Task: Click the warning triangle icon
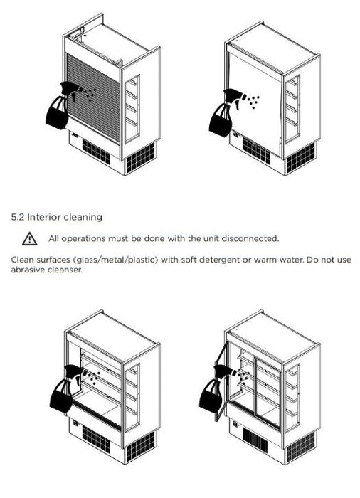coord(30,239)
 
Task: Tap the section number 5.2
coord(18,217)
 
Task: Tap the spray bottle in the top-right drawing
coord(226,112)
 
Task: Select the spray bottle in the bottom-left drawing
coord(66,389)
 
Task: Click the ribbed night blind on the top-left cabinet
coord(93,97)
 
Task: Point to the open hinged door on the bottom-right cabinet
coord(221,381)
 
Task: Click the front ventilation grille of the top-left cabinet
coord(96,152)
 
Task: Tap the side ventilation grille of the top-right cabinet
coord(300,158)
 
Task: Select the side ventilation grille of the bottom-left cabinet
coord(140,447)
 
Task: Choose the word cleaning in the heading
coord(83,218)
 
